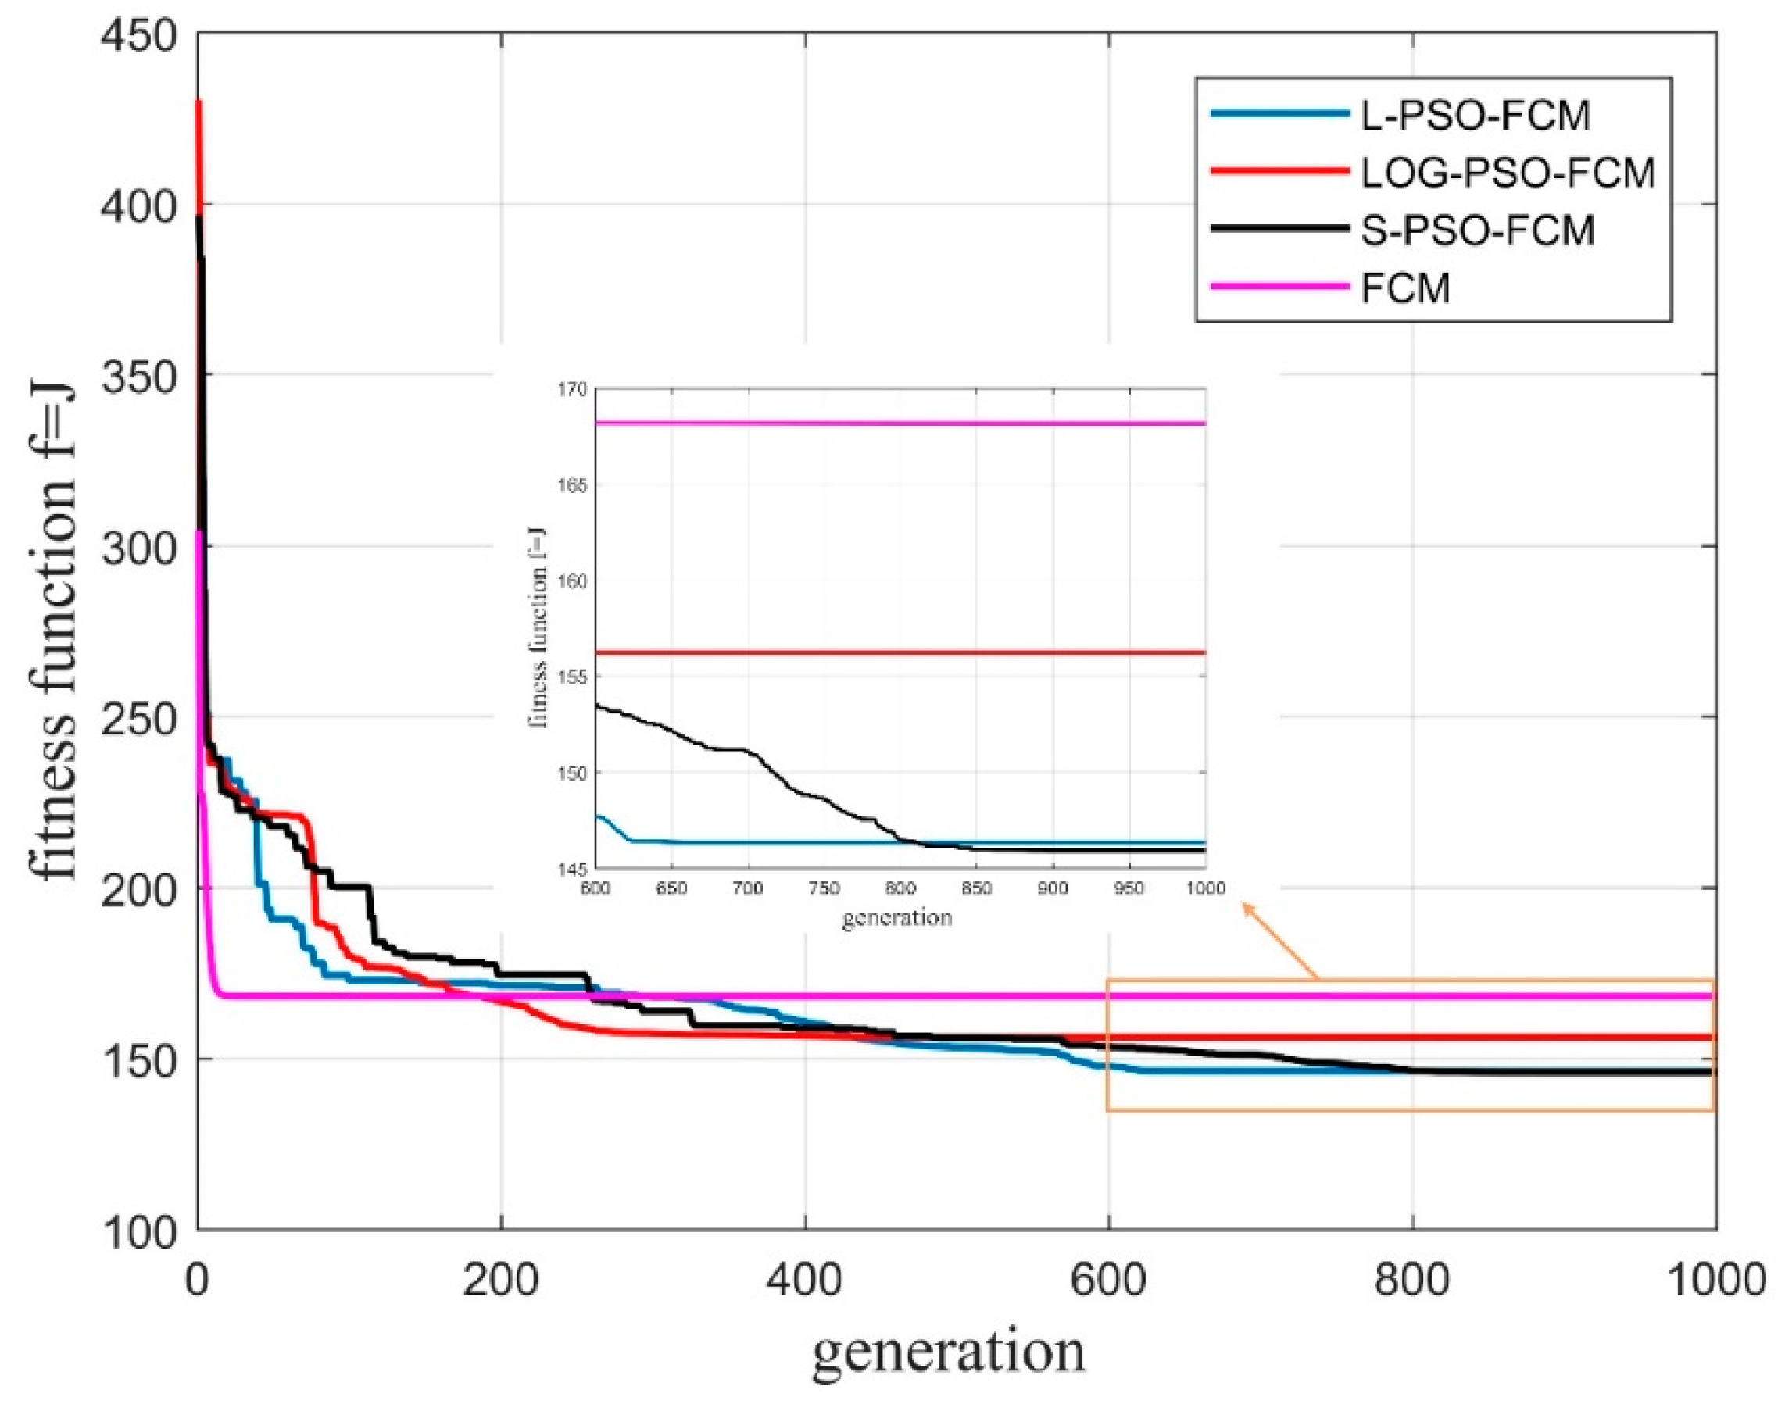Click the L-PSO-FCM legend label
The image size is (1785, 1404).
(x=1475, y=115)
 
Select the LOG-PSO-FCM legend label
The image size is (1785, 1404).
(x=1508, y=173)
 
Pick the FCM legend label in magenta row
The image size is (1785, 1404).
(x=1405, y=288)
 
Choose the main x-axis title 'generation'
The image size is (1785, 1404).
(x=949, y=1352)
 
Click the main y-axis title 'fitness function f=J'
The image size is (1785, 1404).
(x=54, y=633)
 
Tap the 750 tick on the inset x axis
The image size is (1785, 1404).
(x=824, y=888)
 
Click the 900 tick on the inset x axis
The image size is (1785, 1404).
(x=1053, y=888)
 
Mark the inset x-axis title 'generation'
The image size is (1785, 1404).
(x=897, y=916)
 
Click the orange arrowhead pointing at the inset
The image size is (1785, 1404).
(x=1247, y=908)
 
